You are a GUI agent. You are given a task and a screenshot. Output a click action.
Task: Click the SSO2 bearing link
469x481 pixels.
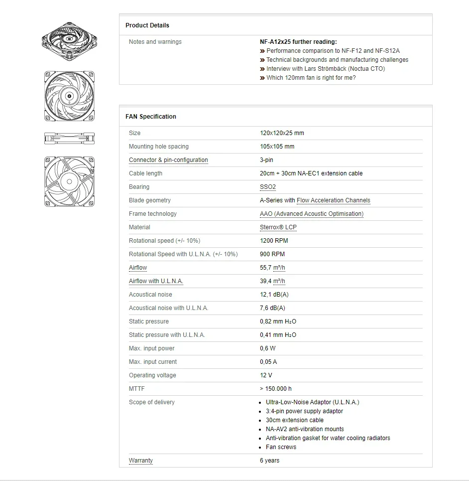pyautogui.click(x=267, y=187)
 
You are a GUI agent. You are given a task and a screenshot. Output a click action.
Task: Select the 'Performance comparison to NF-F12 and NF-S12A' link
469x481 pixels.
pyautogui.click(x=333, y=51)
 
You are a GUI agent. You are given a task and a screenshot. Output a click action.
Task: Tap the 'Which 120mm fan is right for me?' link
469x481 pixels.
pyautogui.click(x=311, y=78)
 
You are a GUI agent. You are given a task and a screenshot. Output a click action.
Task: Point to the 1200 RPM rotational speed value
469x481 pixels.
pyautogui.click(x=274, y=241)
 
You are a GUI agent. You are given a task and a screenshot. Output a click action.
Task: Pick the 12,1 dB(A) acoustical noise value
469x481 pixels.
pyautogui.click(x=274, y=295)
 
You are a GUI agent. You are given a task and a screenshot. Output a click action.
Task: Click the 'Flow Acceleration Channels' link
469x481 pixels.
pyautogui.click(x=333, y=200)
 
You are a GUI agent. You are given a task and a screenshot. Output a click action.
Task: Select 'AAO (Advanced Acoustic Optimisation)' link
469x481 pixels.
pyautogui.click(x=311, y=214)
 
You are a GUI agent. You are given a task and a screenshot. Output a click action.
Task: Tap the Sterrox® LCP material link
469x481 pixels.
pyautogui.click(x=278, y=227)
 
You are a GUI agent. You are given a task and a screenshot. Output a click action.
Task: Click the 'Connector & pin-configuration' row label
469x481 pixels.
pyautogui.click(x=168, y=160)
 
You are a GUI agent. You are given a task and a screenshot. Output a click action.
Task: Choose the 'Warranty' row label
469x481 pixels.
pyautogui.click(x=141, y=461)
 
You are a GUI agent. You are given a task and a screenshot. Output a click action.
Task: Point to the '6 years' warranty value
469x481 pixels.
pyautogui.click(x=269, y=461)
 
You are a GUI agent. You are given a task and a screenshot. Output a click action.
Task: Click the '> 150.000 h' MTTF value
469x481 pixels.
pyautogui.click(x=276, y=389)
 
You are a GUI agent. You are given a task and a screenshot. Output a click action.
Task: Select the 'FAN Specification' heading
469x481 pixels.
pyautogui.click(x=151, y=117)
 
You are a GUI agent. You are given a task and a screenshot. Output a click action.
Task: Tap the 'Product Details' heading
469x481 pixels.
pyautogui.click(x=147, y=25)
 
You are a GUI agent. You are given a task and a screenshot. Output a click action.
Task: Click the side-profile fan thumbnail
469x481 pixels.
pyautogui.click(x=69, y=139)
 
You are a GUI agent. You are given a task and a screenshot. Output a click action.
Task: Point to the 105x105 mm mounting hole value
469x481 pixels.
pyautogui.click(x=277, y=147)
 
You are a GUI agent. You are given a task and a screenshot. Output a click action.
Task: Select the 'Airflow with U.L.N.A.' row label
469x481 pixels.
pyautogui.click(x=156, y=281)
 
